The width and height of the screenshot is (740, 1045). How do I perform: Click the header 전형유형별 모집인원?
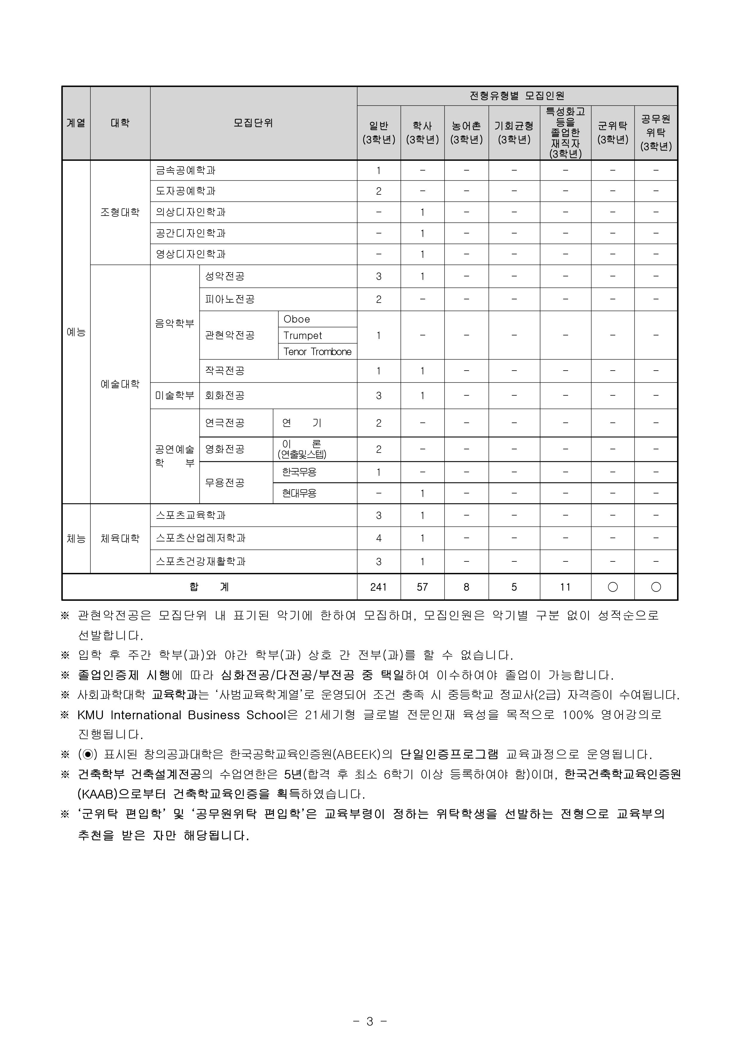(x=517, y=96)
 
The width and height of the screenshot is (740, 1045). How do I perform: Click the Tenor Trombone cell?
(x=317, y=352)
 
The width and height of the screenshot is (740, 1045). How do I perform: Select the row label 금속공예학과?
(x=186, y=170)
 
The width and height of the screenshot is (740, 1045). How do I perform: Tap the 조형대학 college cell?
(x=120, y=212)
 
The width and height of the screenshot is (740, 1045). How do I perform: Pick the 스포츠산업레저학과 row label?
(x=201, y=538)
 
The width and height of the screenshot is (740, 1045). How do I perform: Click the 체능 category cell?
(x=76, y=538)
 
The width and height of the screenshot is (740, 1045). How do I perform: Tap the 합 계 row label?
(x=209, y=587)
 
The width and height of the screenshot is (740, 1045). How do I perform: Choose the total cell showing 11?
(x=565, y=587)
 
